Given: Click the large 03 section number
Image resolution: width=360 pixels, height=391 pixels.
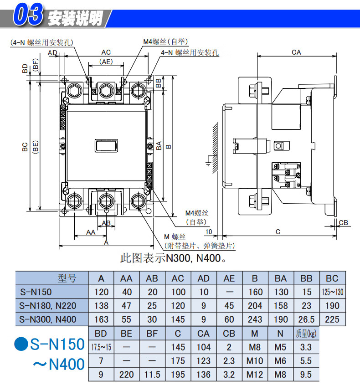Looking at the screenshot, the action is [28, 14].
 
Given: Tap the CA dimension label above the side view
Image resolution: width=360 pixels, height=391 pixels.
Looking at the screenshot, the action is [296, 52].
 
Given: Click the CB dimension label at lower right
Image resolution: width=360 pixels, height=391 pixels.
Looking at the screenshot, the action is [343, 222].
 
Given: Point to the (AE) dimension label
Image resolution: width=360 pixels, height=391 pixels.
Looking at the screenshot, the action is [106, 62].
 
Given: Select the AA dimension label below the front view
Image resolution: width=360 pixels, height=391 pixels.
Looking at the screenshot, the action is [91, 232].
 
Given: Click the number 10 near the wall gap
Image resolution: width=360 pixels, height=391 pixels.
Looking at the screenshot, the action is [209, 232].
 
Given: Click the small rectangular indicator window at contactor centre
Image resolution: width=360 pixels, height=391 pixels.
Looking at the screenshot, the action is [106, 146].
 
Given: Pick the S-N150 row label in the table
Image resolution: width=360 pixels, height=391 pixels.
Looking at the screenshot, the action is [36, 292].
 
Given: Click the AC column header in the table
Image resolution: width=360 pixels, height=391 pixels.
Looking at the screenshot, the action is [178, 278].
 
